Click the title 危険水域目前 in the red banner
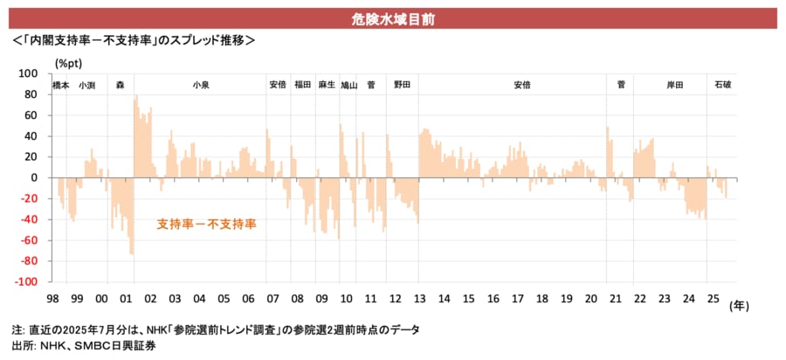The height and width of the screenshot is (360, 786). (392, 17)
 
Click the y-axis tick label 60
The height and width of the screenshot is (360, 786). (31, 115)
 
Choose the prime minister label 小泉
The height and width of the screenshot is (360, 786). (200, 85)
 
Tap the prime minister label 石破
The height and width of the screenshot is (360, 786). (723, 85)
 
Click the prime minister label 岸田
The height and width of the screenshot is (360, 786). (674, 85)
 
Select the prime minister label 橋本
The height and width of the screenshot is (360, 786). (60, 85)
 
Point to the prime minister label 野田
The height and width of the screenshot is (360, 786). (402, 85)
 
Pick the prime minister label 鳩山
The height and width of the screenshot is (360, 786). (348, 85)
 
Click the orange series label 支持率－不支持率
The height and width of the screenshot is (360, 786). (206, 225)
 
